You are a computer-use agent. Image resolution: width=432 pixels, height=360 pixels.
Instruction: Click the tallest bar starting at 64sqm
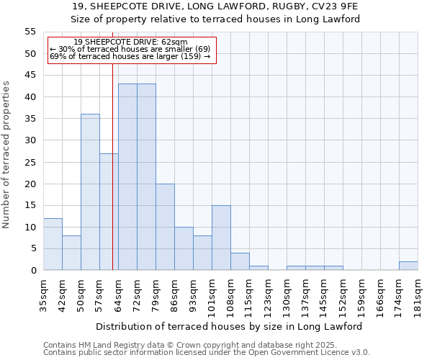127,177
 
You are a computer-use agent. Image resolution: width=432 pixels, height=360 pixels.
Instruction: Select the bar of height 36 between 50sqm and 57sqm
90,192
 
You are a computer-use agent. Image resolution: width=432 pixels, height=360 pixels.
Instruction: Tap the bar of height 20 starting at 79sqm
165,227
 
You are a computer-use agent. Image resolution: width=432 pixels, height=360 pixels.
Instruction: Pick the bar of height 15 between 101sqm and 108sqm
221,238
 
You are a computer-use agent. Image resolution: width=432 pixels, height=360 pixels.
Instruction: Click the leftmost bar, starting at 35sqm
53,244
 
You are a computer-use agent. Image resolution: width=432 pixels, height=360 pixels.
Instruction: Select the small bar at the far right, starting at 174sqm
408,266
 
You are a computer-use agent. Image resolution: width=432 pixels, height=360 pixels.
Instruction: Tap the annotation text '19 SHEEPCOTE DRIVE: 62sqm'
130,42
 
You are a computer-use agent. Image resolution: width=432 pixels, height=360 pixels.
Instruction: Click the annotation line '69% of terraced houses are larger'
130,56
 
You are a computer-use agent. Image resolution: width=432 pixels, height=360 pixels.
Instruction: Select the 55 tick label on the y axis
30,32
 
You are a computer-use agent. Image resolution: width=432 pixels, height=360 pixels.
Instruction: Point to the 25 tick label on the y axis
30,162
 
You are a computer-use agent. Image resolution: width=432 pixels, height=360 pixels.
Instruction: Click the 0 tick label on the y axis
32,270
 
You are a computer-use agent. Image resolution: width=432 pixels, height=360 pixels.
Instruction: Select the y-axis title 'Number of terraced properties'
7,154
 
